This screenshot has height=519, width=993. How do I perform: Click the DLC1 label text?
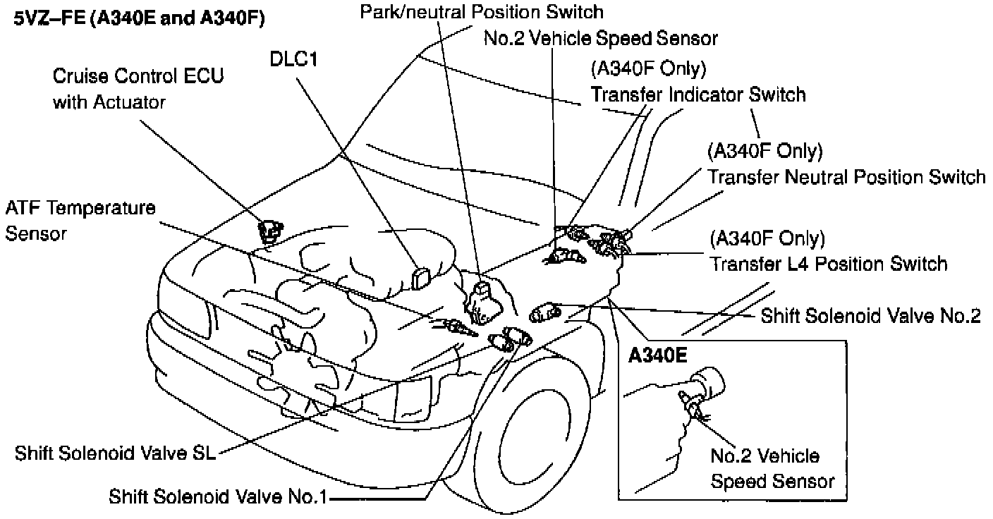pos(293,60)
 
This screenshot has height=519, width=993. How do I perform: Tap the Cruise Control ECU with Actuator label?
pos(138,89)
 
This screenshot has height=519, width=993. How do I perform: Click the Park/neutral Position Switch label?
pos(482,12)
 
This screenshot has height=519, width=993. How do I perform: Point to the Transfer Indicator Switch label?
pos(697,94)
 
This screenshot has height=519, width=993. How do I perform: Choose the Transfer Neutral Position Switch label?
pos(846,176)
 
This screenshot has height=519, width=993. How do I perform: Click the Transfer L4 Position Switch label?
pos(828,264)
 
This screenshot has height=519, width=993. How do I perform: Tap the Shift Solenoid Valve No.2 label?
pos(870,316)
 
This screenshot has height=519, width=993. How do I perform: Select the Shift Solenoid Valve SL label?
pos(116,452)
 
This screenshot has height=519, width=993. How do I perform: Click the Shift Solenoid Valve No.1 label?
pos(218,496)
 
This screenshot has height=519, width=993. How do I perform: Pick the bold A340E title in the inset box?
pos(658,355)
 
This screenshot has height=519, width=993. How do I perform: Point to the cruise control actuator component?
pos(270,231)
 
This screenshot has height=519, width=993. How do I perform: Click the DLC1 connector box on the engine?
pos(422,276)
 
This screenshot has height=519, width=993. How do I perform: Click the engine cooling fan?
pos(296,367)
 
